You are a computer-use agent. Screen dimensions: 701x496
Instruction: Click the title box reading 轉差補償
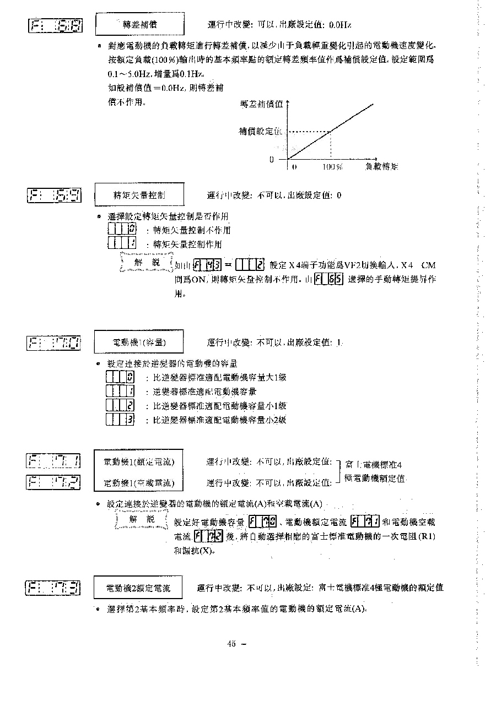(139, 25)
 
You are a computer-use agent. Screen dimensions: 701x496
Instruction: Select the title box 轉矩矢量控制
(139, 195)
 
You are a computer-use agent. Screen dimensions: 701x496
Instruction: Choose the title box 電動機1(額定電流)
(139, 461)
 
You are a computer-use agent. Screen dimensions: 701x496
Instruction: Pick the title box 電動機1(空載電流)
(139, 483)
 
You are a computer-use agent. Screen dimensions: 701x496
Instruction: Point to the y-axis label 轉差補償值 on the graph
(261, 105)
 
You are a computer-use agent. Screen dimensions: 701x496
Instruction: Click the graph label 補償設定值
(260, 132)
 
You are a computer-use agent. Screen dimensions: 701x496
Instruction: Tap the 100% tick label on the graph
(332, 166)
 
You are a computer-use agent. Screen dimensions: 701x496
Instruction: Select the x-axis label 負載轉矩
(381, 166)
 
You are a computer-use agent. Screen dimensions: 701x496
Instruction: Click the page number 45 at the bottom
(231, 644)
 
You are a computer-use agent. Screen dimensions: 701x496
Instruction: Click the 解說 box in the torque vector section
(147, 263)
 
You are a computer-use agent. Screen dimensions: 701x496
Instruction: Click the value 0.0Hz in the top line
(339, 25)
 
